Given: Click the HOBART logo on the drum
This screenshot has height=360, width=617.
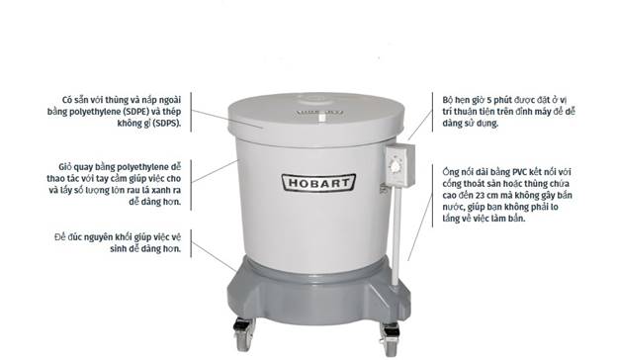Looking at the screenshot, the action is [318, 183].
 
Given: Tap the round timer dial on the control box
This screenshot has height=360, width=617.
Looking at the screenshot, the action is [395, 166].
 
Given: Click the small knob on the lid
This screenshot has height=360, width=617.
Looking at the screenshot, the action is [321, 118].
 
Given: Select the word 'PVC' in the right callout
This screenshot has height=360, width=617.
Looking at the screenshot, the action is [520, 172].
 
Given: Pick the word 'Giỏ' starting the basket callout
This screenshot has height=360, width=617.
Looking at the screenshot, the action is [65, 167].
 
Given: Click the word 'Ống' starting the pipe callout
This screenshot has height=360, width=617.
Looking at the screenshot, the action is [450, 172].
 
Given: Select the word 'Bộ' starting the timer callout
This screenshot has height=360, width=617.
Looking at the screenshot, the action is [448, 100].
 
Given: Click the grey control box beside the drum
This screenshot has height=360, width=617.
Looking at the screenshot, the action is [400, 165].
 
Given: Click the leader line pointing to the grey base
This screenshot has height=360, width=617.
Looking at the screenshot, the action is [216, 256].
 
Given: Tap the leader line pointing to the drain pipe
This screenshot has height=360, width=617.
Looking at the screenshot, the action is [420, 226].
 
